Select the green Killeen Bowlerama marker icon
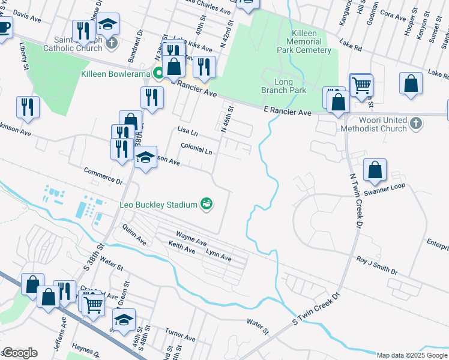158,74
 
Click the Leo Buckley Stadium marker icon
206,205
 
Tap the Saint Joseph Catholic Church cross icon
111,43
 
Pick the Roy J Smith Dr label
377,266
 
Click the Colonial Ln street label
196,149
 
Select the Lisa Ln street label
188,131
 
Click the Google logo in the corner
20,353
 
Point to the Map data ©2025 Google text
411,355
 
